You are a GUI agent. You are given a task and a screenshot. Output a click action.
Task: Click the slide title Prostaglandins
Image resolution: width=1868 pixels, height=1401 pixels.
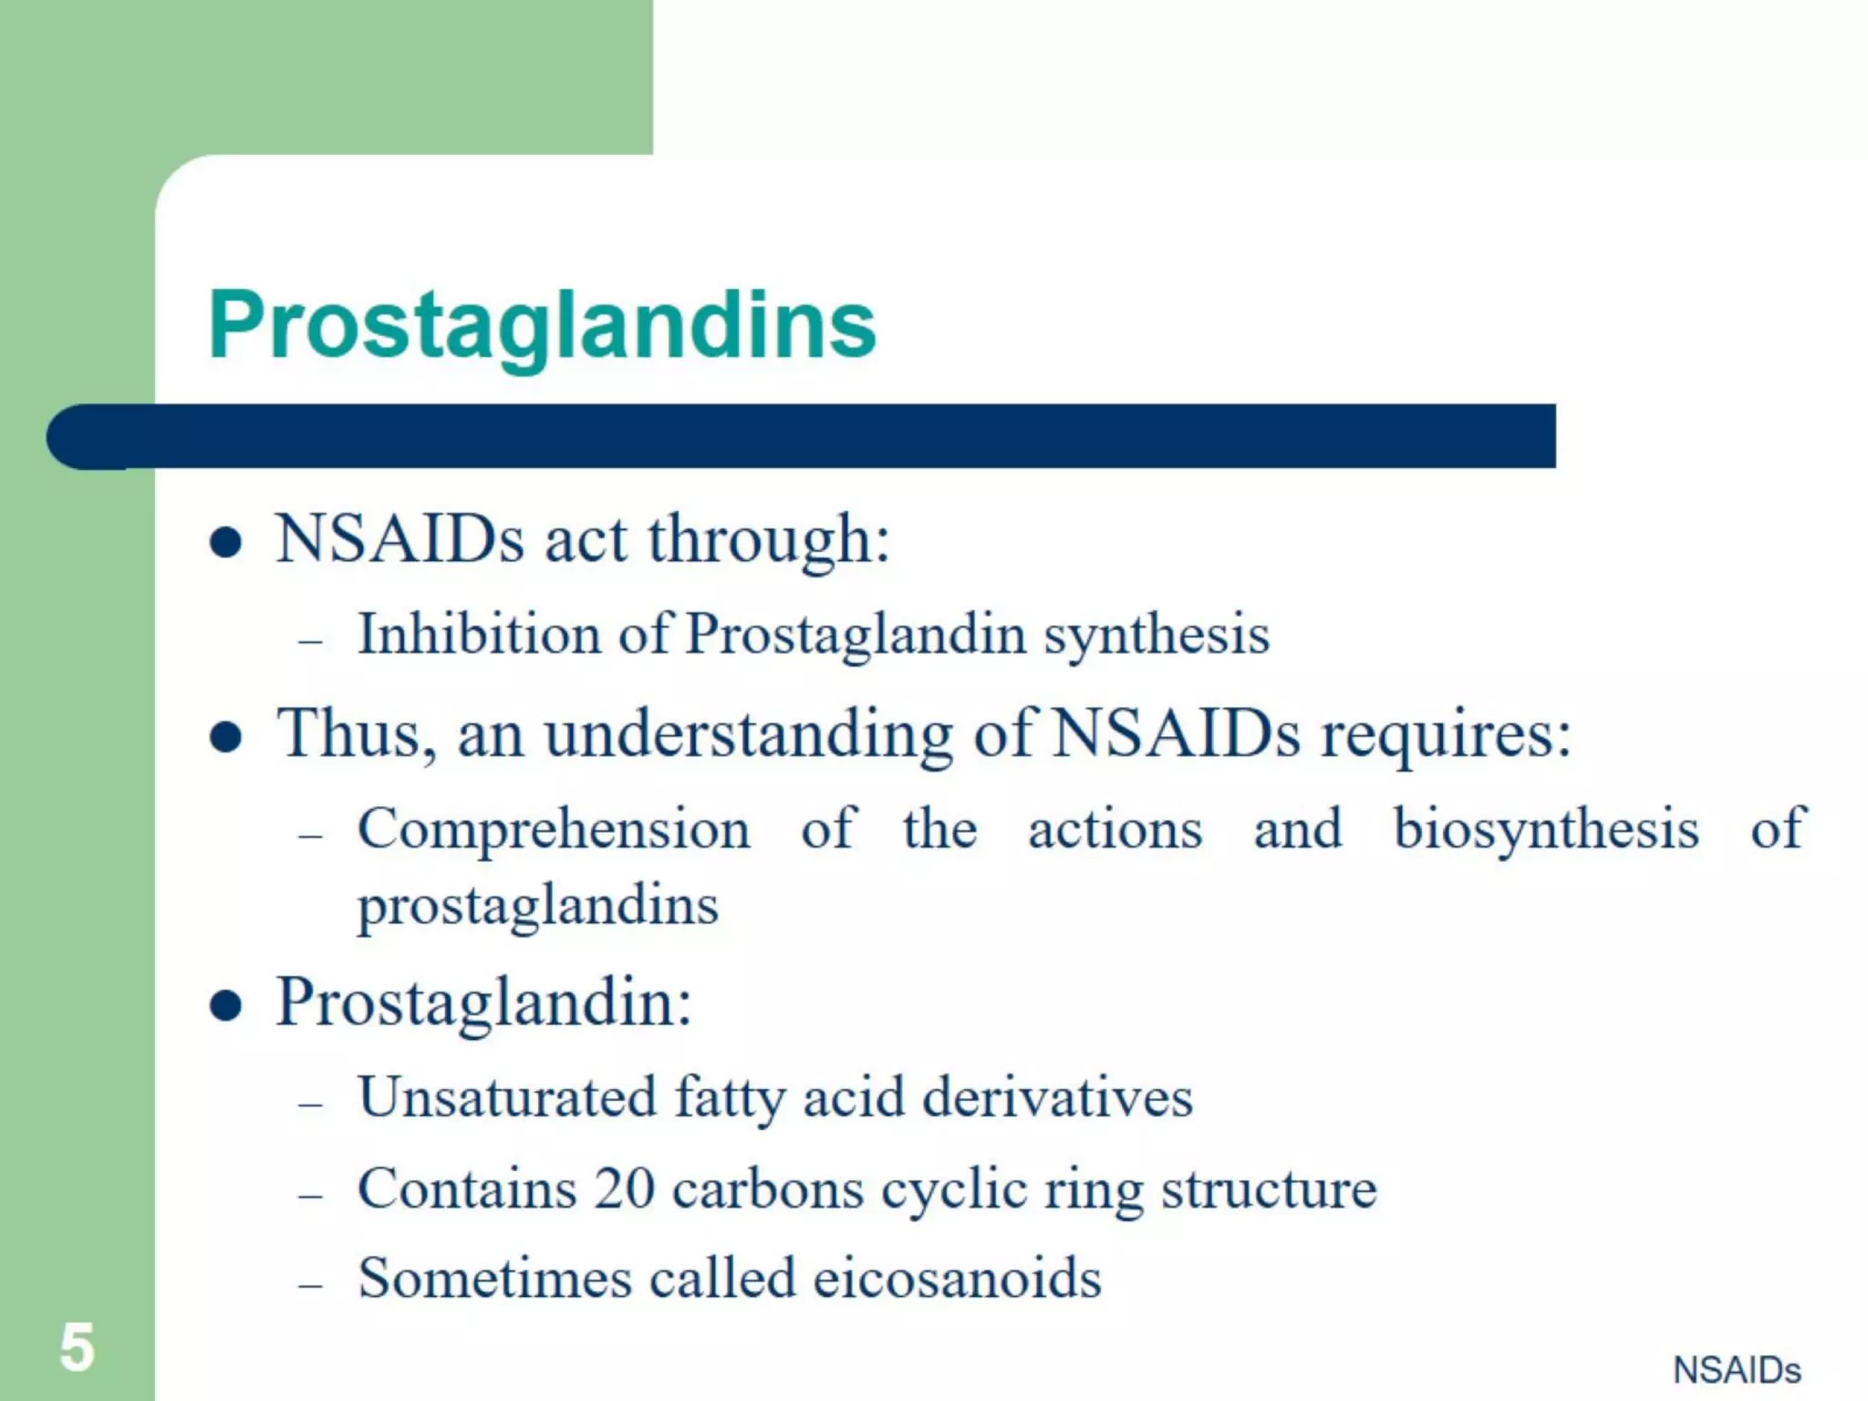click(x=542, y=326)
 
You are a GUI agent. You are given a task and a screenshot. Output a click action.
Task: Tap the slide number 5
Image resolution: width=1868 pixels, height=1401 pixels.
click(x=78, y=1347)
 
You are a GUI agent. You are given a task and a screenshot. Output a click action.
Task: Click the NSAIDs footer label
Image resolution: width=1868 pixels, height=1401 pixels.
click(x=1737, y=1370)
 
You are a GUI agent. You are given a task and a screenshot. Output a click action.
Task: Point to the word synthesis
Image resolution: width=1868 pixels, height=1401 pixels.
click(x=1156, y=636)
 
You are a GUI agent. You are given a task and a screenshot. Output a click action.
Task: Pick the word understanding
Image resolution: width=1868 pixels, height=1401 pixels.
click(x=748, y=735)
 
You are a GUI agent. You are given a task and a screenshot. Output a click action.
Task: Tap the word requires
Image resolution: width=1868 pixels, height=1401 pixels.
click(x=1446, y=735)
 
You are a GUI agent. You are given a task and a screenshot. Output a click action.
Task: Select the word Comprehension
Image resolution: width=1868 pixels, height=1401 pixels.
click(x=554, y=830)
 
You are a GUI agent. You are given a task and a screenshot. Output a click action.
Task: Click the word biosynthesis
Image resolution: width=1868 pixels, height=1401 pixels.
click(x=1546, y=830)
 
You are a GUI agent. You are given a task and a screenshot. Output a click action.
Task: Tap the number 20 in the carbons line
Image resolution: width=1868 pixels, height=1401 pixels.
click(x=625, y=1188)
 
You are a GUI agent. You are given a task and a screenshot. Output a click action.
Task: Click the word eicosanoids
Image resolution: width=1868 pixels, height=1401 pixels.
click(x=957, y=1277)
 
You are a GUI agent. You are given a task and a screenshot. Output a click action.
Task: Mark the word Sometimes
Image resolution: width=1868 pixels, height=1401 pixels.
click(x=495, y=1277)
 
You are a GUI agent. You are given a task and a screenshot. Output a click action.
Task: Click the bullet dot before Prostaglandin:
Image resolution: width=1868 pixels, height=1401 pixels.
click(x=225, y=1006)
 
